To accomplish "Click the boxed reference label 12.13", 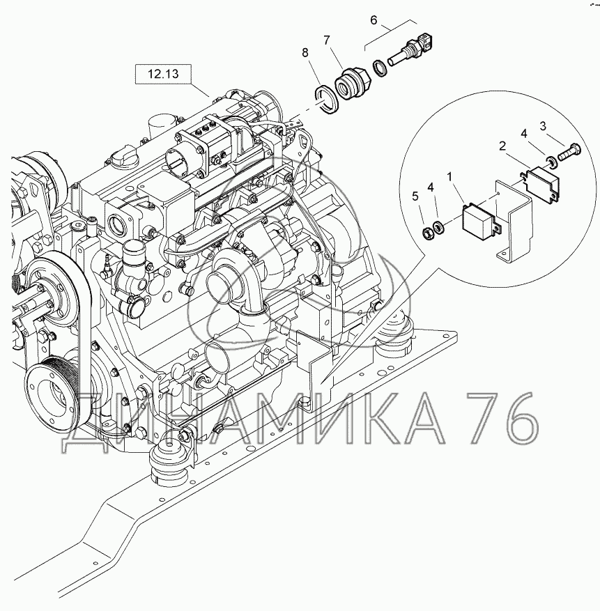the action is click(163, 74).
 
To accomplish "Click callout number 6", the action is click(374, 20).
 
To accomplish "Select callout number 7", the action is click(326, 40).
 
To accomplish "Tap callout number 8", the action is click(305, 52).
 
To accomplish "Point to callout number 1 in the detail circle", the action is click(449, 177).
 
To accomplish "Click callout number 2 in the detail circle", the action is click(502, 146).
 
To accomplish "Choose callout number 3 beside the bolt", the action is click(543, 126).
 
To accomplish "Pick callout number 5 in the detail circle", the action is click(415, 196).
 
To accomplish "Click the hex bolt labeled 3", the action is click(569, 153).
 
